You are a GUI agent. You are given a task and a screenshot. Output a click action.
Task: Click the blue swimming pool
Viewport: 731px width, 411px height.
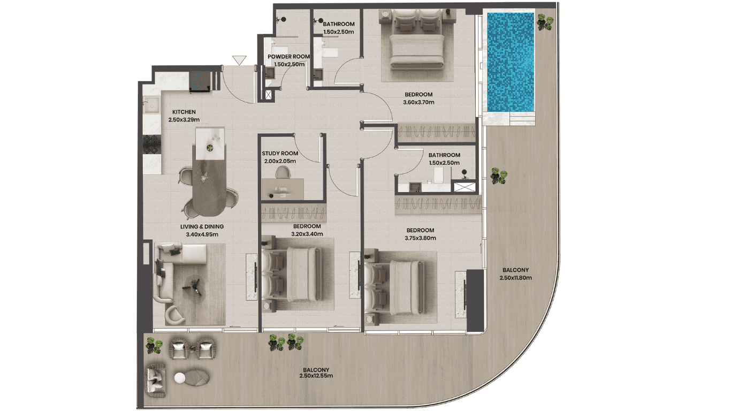(x=511, y=62)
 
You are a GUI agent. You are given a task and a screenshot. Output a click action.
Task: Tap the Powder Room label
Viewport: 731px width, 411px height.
(x=289, y=57)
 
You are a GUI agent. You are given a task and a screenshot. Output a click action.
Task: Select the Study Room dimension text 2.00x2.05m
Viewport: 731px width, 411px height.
(x=280, y=161)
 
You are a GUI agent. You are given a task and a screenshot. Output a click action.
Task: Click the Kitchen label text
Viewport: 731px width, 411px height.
(x=184, y=112)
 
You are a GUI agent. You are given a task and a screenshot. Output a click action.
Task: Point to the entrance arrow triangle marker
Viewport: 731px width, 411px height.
(x=239, y=60)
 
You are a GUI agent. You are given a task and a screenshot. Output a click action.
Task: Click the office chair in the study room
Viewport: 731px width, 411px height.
(x=283, y=172)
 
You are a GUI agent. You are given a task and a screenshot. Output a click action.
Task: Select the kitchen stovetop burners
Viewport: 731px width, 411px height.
(x=151, y=144)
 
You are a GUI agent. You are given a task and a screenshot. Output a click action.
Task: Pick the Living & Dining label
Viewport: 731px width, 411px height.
(x=202, y=226)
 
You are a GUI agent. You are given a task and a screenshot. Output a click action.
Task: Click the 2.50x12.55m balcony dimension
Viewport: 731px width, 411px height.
(x=316, y=376)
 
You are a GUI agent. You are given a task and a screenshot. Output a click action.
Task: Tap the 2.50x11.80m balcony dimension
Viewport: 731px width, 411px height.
(x=516, y=278)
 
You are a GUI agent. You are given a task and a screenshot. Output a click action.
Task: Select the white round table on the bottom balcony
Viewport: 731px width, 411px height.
(x=179, y=378)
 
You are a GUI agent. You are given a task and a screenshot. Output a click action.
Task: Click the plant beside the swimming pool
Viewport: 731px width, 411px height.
(x=545, y=22)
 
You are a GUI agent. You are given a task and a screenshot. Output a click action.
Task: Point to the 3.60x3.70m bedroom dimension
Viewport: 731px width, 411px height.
(x=418, y=102)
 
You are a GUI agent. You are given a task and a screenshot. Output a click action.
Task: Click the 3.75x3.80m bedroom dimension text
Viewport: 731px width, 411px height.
(x=420, y=238)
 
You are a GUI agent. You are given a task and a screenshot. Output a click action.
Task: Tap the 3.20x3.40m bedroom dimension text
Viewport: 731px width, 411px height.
(x=307, y=234)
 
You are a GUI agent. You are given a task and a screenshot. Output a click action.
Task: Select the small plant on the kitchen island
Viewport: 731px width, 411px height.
(x=210, y=148)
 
